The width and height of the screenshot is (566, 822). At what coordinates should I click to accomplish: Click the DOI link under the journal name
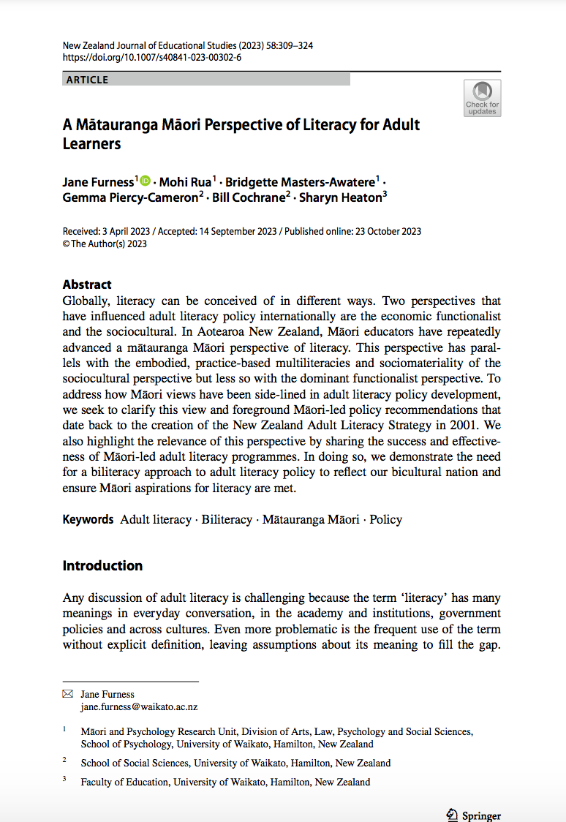point(152,57)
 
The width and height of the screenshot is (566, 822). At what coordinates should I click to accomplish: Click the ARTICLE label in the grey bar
point(87,80)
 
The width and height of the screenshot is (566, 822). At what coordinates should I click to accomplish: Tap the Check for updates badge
point(482,98)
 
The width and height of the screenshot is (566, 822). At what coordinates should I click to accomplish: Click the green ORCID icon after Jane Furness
point(145,181)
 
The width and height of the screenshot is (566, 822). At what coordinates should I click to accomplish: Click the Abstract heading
point(87,284)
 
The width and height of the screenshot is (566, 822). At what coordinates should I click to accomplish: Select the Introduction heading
point(102,565)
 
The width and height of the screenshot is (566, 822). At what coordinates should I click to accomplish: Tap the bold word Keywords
point(88,519)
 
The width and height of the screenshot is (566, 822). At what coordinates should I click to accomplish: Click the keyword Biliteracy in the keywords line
point(227,519)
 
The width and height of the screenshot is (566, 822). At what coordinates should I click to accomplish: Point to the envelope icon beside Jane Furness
point(67,694)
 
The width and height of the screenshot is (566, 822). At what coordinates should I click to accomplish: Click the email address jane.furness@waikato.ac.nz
point(139,707)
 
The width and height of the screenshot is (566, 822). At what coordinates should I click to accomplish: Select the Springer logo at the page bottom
point(474,815)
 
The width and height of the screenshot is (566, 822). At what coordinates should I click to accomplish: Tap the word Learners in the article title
point(91,143)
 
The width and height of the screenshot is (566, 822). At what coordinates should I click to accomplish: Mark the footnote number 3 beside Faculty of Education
point(64,780)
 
